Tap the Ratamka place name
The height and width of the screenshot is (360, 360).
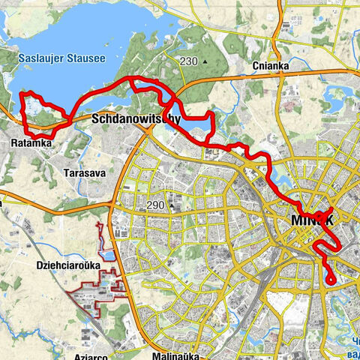coord(31,142)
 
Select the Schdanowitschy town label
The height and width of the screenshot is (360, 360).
coord(136,119)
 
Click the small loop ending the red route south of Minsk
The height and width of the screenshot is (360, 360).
coord(330,279)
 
